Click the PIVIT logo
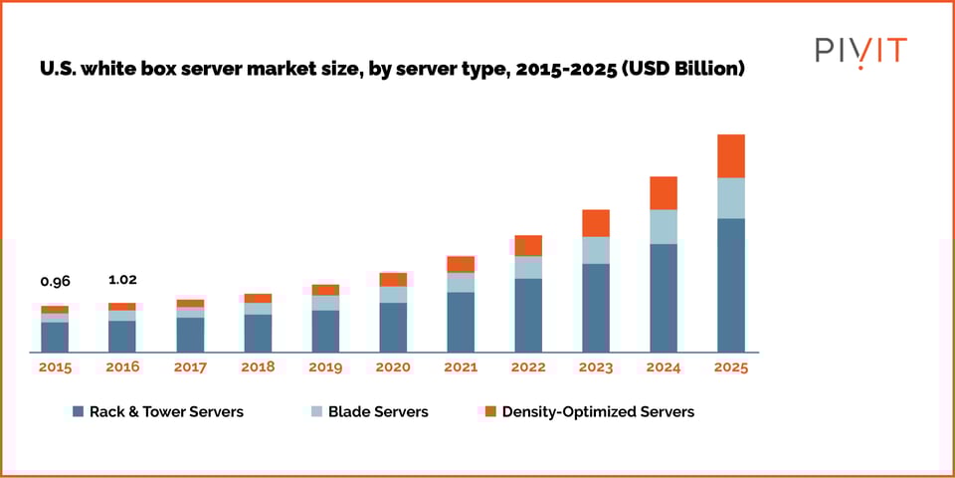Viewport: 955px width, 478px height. (860, 51)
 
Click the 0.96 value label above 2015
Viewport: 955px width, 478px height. (55, 281)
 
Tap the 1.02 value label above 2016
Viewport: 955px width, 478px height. (122, 280)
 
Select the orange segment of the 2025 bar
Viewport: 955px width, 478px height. (731, 156)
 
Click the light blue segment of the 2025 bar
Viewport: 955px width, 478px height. (731, 198)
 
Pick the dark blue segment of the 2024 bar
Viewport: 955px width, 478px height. (664, 298)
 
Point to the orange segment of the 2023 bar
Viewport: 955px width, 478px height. (596, 223)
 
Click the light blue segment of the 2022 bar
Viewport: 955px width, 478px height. (528, 267)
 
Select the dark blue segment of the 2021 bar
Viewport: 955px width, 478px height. (461, 322)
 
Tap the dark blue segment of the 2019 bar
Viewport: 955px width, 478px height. (325, 331)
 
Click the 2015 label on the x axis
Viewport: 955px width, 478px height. (55, 367)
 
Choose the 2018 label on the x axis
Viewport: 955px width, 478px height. (258, 367)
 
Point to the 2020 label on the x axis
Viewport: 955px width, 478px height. (393, 367)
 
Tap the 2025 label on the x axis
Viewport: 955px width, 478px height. (731, 367)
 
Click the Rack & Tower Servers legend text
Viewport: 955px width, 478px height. (166, 411)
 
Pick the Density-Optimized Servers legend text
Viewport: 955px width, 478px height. (598, 411)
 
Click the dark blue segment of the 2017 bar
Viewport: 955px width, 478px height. (190, 335)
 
